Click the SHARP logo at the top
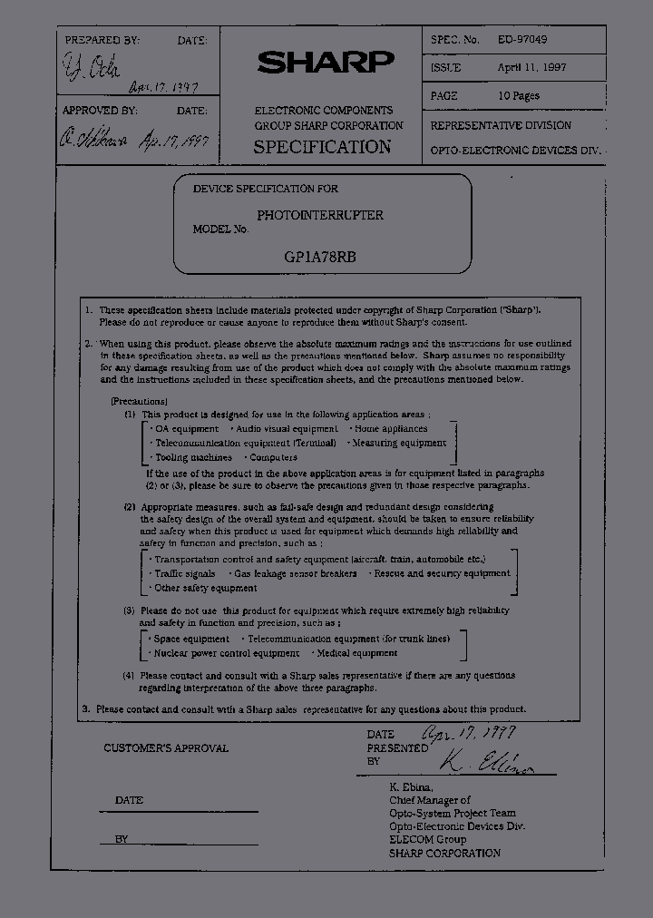coord(326,62)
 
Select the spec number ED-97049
coord(522,40)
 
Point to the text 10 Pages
coord(519,96)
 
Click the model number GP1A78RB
coord(319,256)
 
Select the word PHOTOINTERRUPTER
coord(319,215)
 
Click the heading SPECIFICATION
coord(322,147)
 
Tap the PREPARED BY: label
coord(102,41)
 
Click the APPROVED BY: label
coord(100,111)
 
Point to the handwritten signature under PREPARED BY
coord(92,66)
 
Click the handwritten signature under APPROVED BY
coord(94,139)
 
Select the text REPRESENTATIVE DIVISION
coord(501,125)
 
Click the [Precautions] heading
coord(139,400)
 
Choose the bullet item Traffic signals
coord(184,573)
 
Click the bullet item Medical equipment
coord(356,652)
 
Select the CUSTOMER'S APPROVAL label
coord(166,748)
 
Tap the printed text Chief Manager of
coord(430,800)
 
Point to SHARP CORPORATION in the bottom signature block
coord(444,853)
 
